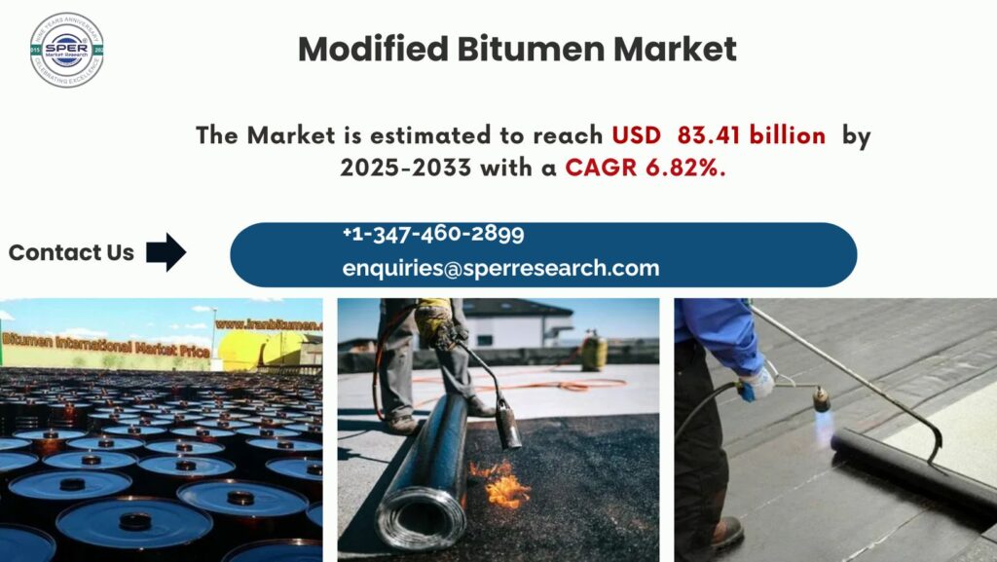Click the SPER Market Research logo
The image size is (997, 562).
point(66,51)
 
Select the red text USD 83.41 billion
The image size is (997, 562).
point(720,135)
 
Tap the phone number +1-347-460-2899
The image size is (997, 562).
point(433,234)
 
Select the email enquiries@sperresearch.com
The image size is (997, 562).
point(500,268)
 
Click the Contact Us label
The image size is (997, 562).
point(71,252)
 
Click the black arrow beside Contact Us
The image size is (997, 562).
point(166,252)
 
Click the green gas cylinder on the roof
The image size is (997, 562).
point(594,352)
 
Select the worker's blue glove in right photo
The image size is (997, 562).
point(756,384)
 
